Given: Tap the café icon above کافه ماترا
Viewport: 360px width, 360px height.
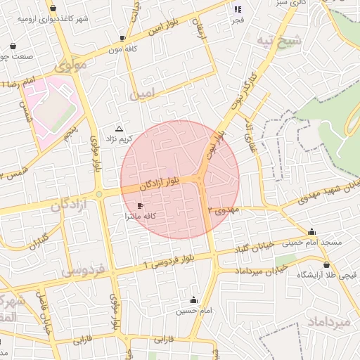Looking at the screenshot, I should (x=139, y=206).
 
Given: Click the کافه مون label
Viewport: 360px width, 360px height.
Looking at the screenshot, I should (x=121, y=51).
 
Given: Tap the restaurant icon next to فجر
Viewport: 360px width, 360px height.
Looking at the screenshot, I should (x=238, y=9).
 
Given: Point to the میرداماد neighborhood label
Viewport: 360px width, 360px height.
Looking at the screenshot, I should (x=329, y=321).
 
